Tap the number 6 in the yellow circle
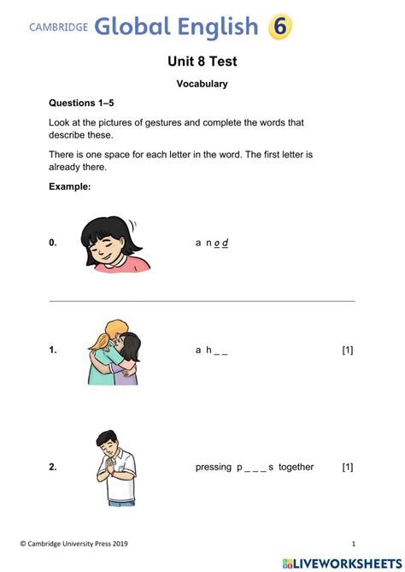tap(280, 27)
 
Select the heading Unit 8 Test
tap(202, 62)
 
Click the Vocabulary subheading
tap(202, 84)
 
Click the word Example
tap(69, 186)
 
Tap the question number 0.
tap(53, 243)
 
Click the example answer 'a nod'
tap(212, 243)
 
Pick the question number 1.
tap(53, 350)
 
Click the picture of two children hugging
tap(114, 351)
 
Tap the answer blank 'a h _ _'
tap(212, 350)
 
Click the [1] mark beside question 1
tap(348, 350)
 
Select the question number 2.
tap(53, 467)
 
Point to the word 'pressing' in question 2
tap(214, 467)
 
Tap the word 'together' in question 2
tap(296, 467)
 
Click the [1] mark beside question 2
tap(348, 467)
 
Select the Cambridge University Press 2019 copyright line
tap(82, 544)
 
